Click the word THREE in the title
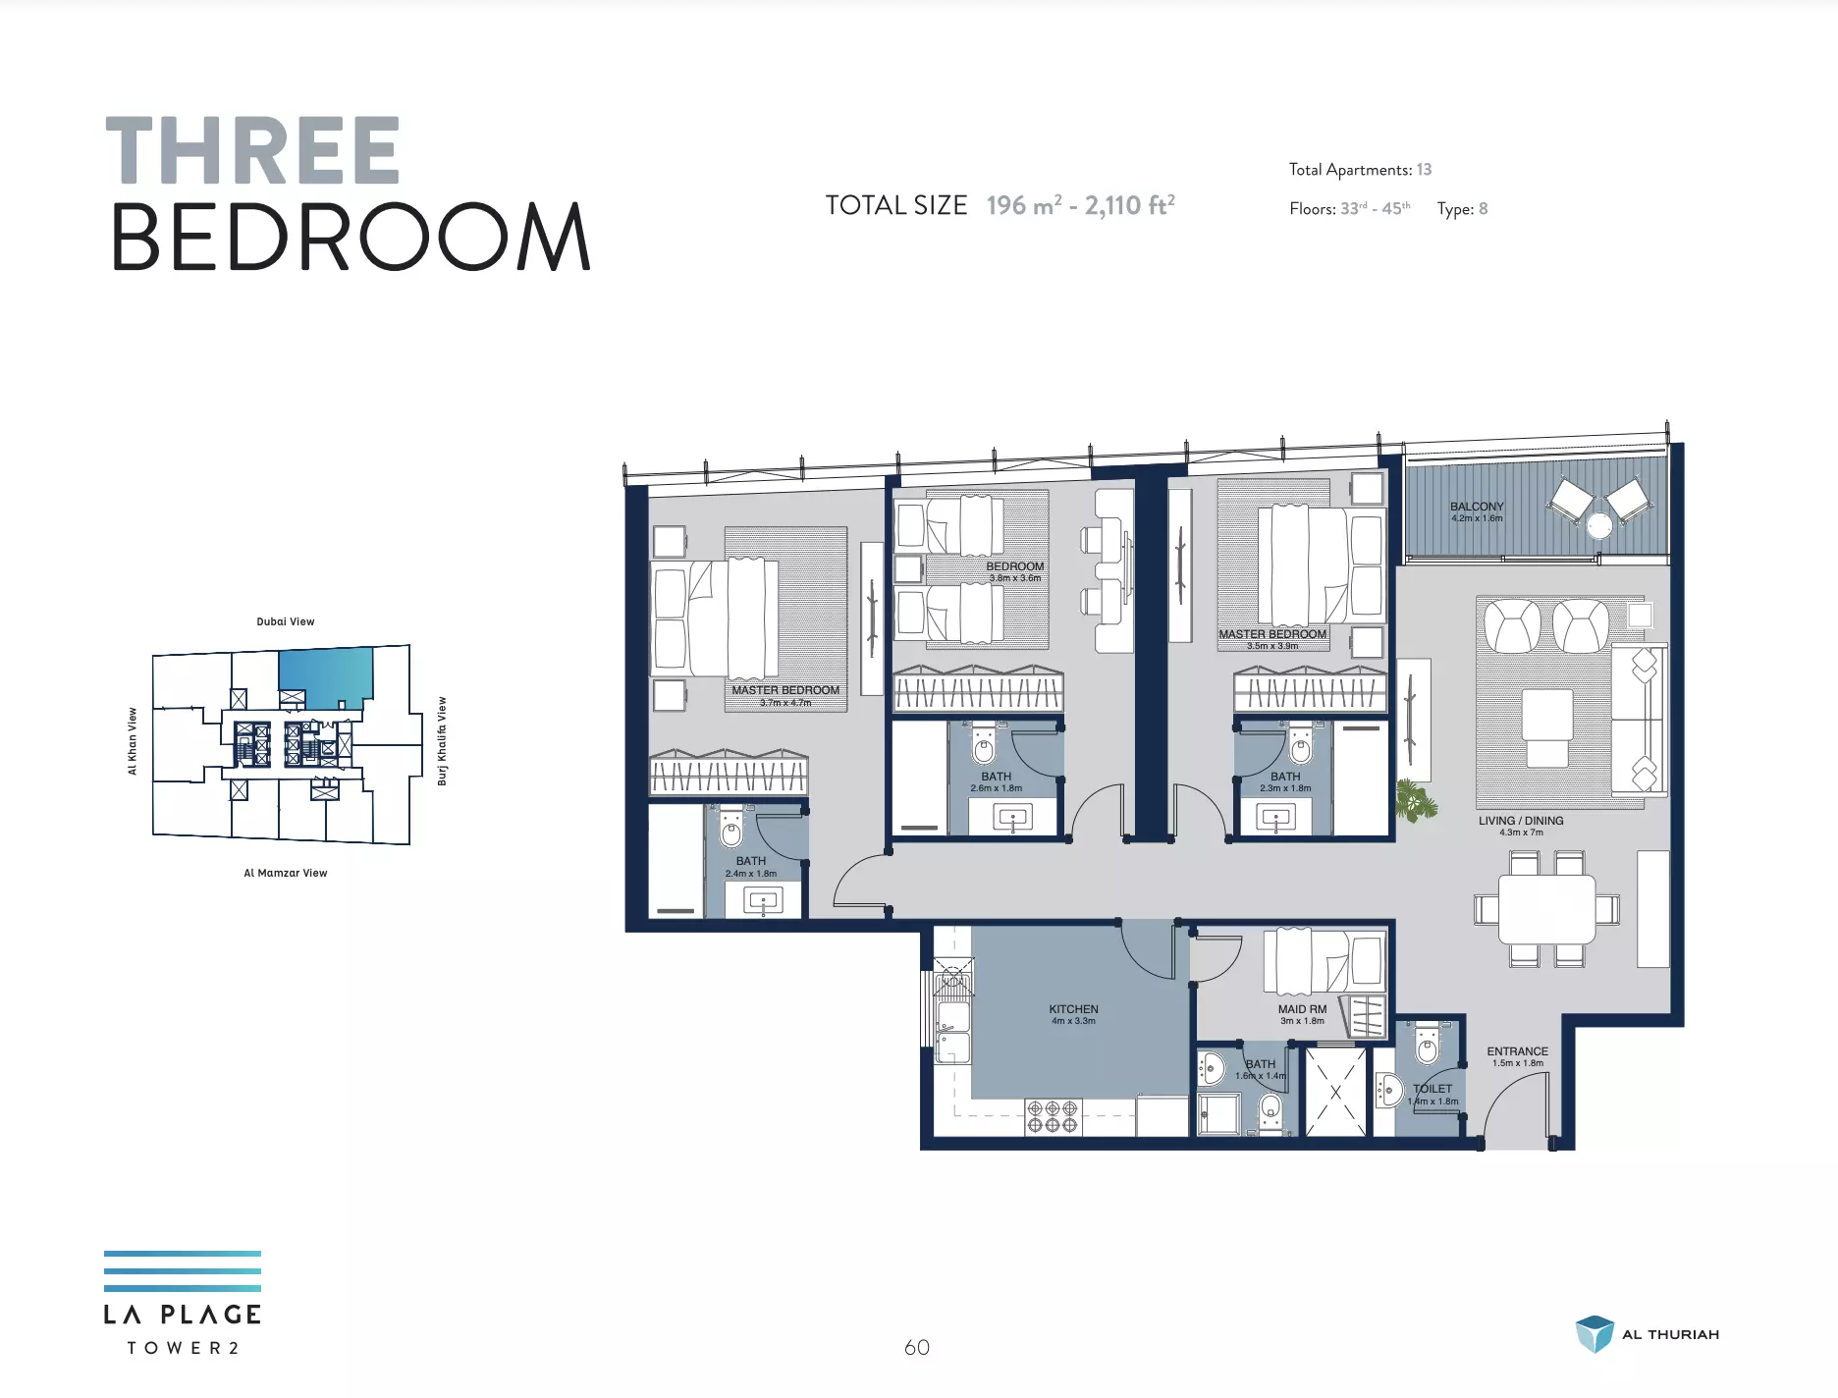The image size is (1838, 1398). [252, 150]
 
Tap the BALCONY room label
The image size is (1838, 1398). [1477, 507]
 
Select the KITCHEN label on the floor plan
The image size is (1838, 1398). [1073, 1009]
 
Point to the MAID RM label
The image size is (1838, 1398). [1302, 1009]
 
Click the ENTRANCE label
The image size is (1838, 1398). [1517, 1051]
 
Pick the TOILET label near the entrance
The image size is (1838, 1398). [1433, 1089]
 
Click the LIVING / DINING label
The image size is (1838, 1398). [1521, 821]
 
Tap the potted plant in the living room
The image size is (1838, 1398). [1415, 800]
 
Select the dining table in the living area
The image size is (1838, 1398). [1546, 908]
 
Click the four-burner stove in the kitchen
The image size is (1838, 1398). [1053, 1116]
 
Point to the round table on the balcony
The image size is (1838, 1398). [1599, 526]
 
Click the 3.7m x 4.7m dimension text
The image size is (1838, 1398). [785, 703]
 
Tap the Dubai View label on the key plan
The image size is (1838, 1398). [286, 621]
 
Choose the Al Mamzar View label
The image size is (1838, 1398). [286, 873]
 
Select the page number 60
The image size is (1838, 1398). [917, 1348]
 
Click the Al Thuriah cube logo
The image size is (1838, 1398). [1595, 1334]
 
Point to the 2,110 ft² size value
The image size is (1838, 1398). [1130, 205]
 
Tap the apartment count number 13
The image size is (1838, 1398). [1424, 170]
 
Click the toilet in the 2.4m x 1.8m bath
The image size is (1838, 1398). [731, 829]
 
